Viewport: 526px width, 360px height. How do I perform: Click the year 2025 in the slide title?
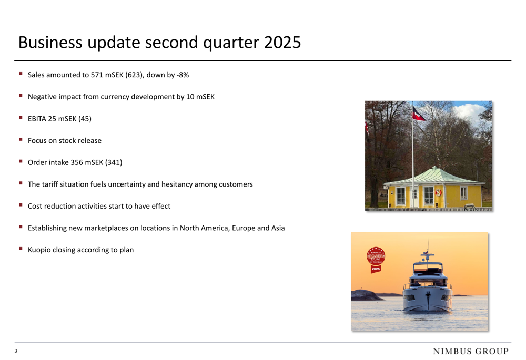282,43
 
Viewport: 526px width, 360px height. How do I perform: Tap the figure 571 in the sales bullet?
97,75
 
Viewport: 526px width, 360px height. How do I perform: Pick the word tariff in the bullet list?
50,184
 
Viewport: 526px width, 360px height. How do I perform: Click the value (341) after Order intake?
114,162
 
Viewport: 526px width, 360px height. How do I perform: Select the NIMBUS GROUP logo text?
471,351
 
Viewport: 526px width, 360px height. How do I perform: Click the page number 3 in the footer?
16,351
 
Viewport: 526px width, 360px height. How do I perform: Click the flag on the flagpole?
419,114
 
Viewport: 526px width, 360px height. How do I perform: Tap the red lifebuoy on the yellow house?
438,192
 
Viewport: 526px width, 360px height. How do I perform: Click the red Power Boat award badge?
376,260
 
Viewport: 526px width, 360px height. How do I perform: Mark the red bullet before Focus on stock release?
21,139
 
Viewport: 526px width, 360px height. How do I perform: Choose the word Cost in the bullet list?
35,206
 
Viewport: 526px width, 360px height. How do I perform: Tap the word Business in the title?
50,43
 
